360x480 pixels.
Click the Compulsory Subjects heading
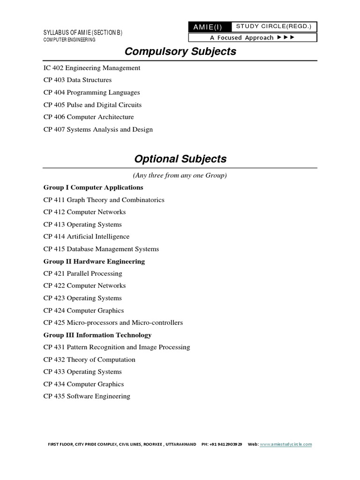tap(180, 52)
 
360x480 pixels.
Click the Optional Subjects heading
tap(180, 159)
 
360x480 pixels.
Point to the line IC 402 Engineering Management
tap(92, 68)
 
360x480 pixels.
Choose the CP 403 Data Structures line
tap(77, 80)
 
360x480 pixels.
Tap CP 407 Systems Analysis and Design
tap(98, 129)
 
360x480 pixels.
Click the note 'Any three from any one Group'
tap(180, 175)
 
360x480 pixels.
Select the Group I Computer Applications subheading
tap(93, 187)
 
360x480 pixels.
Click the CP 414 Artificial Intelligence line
tap(86, 237)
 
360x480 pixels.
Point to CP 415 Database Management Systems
tap(101, 249)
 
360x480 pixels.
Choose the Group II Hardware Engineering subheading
tap(94, 262)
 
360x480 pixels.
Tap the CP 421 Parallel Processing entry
tap(82, 274)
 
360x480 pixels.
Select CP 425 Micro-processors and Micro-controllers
tap(113, 322)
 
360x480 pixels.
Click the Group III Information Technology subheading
tap(97, 335)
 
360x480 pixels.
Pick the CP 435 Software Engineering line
tap(87, 397)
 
